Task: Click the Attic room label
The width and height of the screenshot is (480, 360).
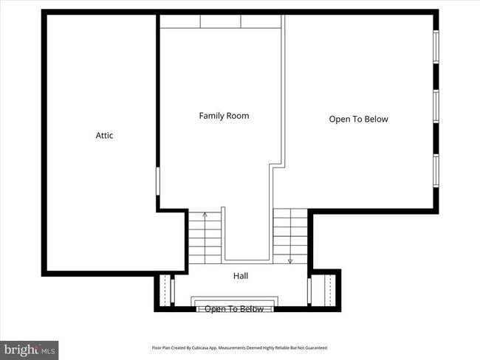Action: [104, 136]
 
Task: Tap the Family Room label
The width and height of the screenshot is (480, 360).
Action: [224, 116]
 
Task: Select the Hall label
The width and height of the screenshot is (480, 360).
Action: [241, 276]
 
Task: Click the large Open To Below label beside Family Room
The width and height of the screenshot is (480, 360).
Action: [358, 119]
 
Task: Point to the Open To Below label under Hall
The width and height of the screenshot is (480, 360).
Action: [233, 309]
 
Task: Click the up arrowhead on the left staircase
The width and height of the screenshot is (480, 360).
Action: [205, 215]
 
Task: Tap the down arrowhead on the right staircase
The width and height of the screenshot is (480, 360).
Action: [290, 260]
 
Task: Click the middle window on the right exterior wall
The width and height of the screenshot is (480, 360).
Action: [436, 106]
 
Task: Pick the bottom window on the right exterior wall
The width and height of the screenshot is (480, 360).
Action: [436, 170]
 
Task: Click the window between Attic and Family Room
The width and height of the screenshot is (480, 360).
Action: [157, 181]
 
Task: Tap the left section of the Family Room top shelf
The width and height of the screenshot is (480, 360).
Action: [180, 21]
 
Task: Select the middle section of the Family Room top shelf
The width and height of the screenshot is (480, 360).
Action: [221, 21]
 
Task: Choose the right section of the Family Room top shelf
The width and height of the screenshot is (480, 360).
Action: [261, 21]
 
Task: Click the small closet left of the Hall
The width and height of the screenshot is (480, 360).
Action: [165, 289]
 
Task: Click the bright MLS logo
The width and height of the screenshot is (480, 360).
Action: [30, 348]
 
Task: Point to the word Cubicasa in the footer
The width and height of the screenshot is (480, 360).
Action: [206, 347]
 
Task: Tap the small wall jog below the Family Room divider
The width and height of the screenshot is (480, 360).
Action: [277, 167]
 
